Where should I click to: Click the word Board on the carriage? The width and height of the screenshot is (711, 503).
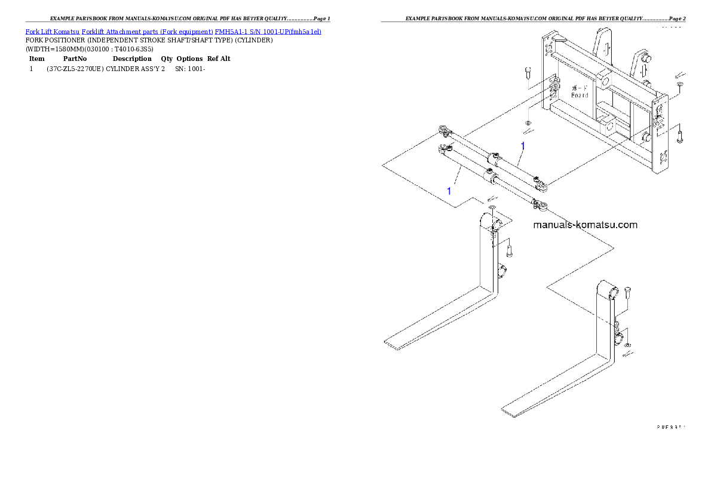[579, 95]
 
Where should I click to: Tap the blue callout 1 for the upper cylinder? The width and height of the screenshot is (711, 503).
[523, 145]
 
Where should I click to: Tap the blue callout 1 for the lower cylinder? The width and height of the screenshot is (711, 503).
[449, 191]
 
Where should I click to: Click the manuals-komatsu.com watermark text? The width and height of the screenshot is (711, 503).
[585, 225]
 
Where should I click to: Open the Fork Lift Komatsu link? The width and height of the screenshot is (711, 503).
[52, 31]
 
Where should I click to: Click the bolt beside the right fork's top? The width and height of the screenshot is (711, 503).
[627, 293]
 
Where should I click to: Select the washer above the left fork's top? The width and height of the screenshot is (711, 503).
[491, 207]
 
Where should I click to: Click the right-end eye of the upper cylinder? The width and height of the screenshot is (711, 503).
[542, 187]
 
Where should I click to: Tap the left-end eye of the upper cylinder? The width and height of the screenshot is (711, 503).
[443, 130]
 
